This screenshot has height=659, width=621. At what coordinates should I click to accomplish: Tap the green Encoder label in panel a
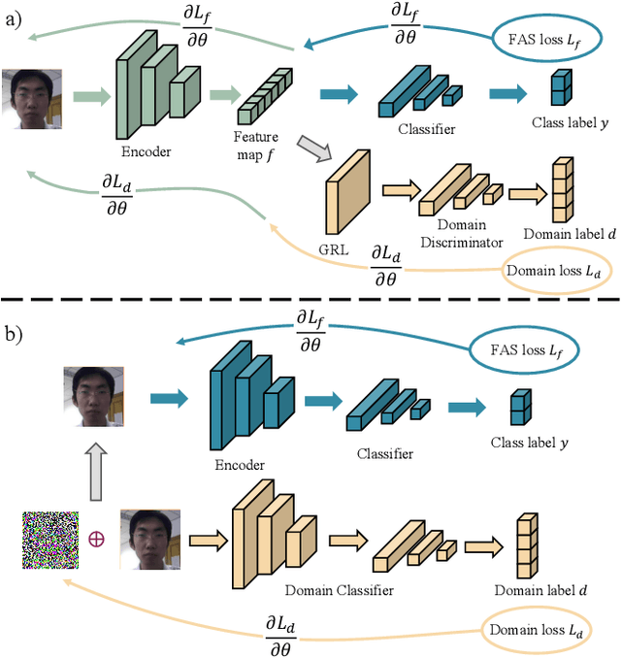click(x=147, y=151)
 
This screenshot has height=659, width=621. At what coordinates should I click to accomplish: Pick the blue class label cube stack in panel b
click(x=521, y=408)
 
